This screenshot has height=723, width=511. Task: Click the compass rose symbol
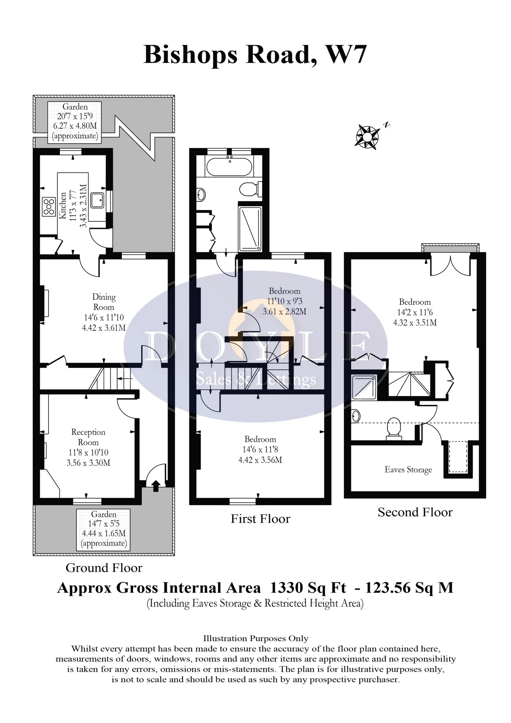pyautogui.click(x=367, y=136)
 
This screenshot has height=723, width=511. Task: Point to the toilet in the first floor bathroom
pyautogui.click(x=251, y=189)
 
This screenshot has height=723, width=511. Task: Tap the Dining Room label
pyautogui.click(x=104, y=302)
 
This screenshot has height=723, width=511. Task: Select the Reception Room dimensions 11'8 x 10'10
pyautogui.click(x=89, y=452)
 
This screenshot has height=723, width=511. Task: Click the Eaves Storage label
pyautogui.click(x=408, y=470)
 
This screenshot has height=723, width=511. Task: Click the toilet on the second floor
pyautogui.click(x=394, y=428)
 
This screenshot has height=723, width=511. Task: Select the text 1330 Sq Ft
pyautogui.click(x=308, y=588)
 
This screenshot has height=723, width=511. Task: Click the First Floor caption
pyautogui.click(x=260, y=519)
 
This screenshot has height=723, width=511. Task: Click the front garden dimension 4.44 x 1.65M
pyautogui.click(x=104, y=533)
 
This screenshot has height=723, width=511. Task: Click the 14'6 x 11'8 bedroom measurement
pyautogui.click(x=260, y=449)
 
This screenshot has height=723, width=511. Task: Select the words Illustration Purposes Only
pyautogui.click(x=255, y=639)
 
